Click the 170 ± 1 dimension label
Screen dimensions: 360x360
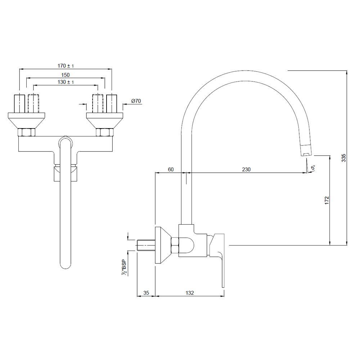point(66,66)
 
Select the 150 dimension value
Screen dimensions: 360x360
point(66,75)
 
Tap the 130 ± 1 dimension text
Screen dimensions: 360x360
point(66,82)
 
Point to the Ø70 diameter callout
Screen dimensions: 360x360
point(136,101)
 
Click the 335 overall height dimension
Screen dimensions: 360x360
point(344,158)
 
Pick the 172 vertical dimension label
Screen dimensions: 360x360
point(327,200)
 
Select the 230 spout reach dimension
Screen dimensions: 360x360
point(246,170)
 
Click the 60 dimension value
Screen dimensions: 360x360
point(171,170)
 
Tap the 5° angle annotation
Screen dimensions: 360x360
point(313,168)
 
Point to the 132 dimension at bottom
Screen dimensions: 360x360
point(190,293)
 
